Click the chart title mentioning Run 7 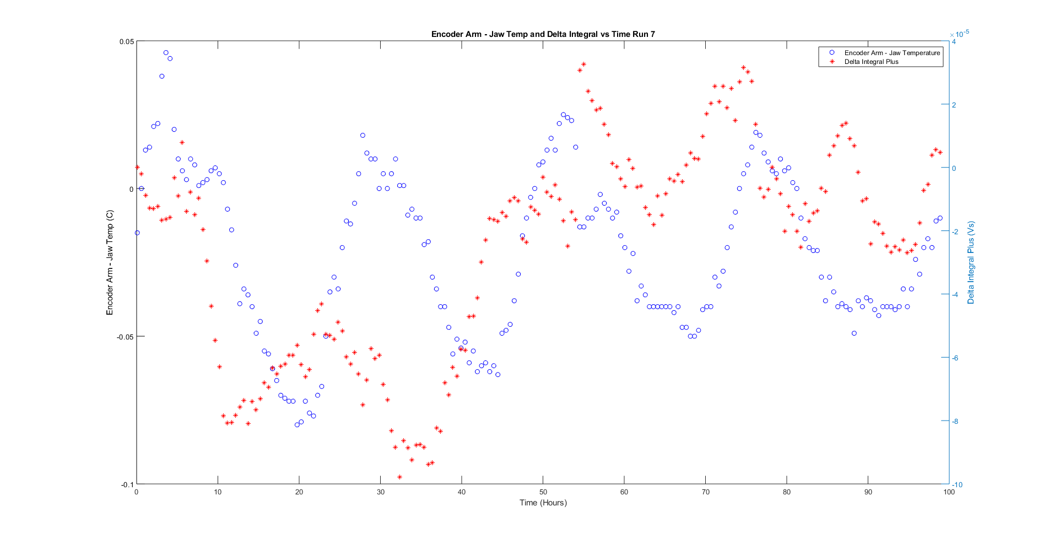click(x=543, y=34)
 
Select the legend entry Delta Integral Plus click(x=871, y=62)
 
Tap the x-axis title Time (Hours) click(x=543, y=503)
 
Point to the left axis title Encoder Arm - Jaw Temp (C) click(x=110, y=262)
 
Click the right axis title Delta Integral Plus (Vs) click(x=971, y=262)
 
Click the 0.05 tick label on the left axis click(x=126, y=42)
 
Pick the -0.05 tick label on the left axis click(x=125, y=337)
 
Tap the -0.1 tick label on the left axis click(x=127, y=484)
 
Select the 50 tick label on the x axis click(x=543, y=492)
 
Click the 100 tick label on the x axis click(x=949, y=492)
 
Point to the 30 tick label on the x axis click(x=380, y=492)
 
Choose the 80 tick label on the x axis click(x=786, y=492)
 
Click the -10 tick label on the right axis click(x=958, y=485)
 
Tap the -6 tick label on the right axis click(x=956, y=358)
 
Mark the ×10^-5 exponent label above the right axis click(x=959, y=34)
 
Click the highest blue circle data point click(x=166, y=53)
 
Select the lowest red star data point click(x=399, y=477)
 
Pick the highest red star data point click(x=583, y=64)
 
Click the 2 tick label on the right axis click(x=954, y=105)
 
